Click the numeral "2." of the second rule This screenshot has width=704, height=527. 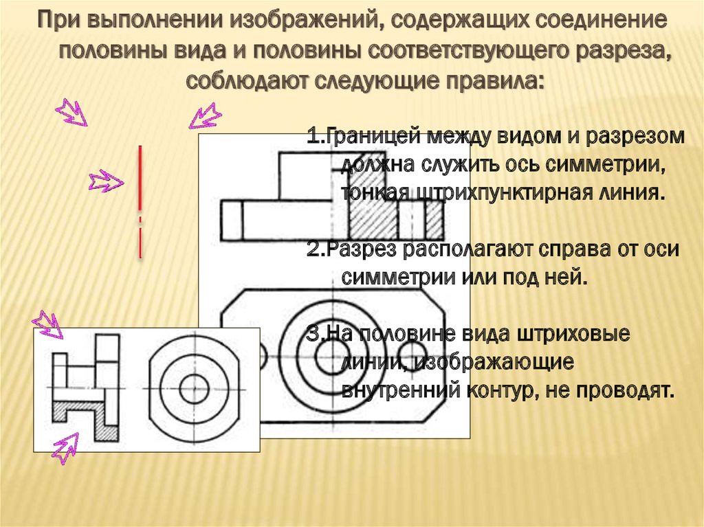click(316, 249)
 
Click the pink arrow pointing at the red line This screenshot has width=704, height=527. click(105, 182)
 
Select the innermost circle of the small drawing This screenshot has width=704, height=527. click(193, 389)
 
